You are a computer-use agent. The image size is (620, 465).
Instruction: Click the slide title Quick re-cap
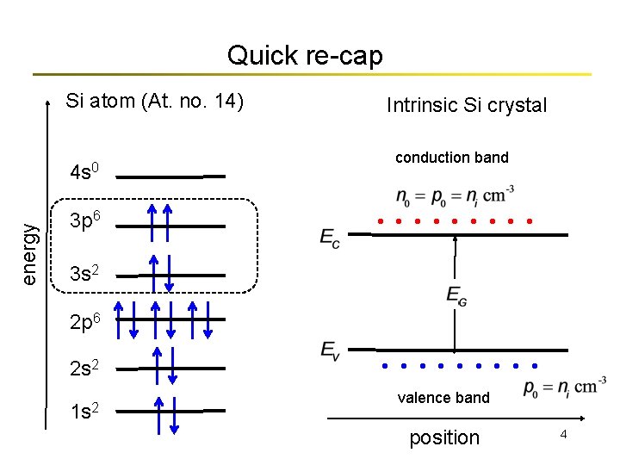(x=304, y=56)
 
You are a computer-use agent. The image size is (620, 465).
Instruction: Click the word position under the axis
(x=444, y=437)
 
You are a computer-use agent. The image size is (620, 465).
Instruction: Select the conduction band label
(x=452, y=158)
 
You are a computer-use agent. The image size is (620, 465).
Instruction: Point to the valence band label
(x=443, y=397)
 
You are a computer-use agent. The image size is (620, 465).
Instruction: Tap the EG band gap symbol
(x=456, y=295)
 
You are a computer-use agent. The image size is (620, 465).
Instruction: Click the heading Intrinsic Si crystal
(x=467, y=105)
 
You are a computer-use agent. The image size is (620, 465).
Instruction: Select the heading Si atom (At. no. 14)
(x=155, y=101)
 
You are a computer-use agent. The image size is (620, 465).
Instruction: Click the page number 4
(x=563, y=435)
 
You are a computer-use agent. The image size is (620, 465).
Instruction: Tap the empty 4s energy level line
(x=170, y=177)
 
